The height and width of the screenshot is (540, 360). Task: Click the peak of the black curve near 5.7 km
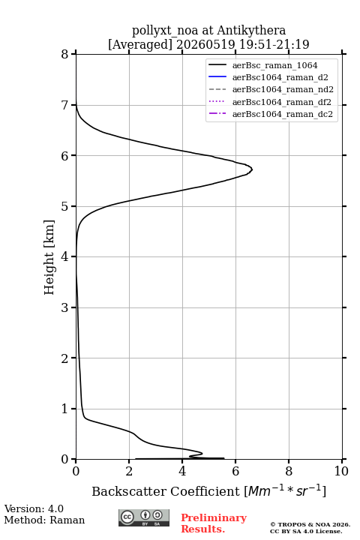252,169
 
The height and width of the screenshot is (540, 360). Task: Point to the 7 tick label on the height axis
64,105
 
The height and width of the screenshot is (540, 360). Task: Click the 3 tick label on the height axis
64,307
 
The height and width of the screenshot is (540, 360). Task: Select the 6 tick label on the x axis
235,471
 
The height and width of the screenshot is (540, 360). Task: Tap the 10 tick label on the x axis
341,471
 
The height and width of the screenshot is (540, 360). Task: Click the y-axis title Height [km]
49,257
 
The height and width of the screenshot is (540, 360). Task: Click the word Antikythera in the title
251,31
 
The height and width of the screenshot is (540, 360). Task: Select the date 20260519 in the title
205,44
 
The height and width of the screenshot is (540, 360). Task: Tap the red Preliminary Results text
214,523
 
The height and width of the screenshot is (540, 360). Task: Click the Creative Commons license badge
144,517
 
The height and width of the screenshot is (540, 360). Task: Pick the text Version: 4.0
34,508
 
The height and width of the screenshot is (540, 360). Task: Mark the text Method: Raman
44,520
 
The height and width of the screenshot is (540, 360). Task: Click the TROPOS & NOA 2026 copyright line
310,524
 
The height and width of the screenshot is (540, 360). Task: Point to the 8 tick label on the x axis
289,471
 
